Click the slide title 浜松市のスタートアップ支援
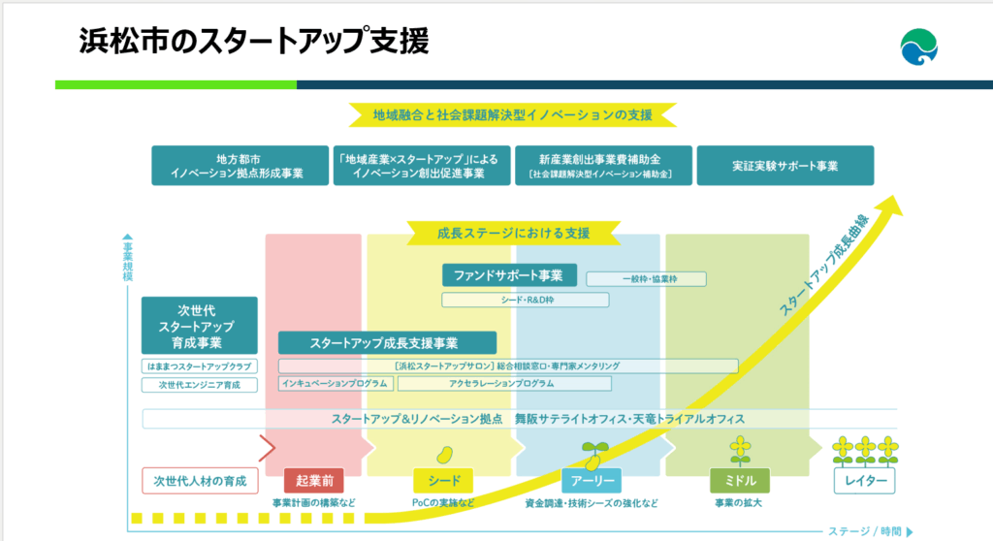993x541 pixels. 253,42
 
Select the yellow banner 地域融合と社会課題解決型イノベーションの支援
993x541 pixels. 513,114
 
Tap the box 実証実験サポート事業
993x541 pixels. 785,166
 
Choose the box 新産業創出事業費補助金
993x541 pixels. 602,166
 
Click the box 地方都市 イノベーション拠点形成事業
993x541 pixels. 238,166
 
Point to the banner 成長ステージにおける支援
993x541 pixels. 514,233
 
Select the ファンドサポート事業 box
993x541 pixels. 509,275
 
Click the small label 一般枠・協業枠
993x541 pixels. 646,279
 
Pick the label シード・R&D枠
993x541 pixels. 525,301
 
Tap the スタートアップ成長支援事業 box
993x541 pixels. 387,343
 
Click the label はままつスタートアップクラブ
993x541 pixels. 199,366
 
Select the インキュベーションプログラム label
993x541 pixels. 336,384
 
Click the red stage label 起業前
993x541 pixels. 314,480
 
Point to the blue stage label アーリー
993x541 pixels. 591,480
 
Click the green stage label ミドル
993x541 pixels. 740,480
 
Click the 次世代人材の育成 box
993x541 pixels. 200,480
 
